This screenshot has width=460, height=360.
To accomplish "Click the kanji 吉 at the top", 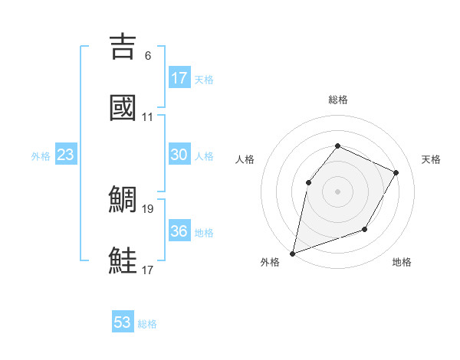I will pos(124,47).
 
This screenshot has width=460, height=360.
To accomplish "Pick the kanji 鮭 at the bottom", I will pos(124,260).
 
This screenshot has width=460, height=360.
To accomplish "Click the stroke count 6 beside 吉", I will pos(148,56).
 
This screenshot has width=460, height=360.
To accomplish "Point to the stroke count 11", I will pos(148,117).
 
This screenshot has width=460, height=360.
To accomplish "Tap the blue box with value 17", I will pos(179,77).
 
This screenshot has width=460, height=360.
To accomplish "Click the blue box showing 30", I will pos(179,155).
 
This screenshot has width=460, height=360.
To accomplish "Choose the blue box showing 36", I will pos(179,231).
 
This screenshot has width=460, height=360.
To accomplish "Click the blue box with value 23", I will pos(65,155).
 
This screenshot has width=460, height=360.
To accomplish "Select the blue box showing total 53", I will pos(122,322).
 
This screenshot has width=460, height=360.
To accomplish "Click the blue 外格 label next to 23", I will pos(41,156).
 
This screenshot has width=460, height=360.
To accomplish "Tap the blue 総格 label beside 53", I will pos(147,324).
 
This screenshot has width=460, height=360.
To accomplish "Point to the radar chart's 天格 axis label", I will pos(431,159).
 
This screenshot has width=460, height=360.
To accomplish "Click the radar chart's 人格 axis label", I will pos(245,159).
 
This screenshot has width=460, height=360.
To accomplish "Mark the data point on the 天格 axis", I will pos(396,172).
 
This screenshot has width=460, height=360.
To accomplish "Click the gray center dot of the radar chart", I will pos(337,191).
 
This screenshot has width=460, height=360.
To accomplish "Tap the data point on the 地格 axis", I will pos(365,229).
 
